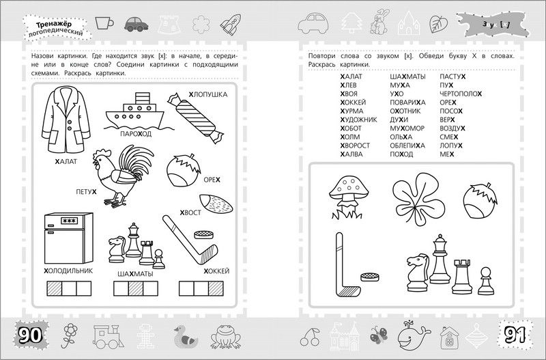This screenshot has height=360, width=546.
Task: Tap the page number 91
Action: (516, 335)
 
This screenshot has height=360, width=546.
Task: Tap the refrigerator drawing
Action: (68, 236)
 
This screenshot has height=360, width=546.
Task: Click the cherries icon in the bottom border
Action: (309, 336)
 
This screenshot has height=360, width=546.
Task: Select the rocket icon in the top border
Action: (227, 25)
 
